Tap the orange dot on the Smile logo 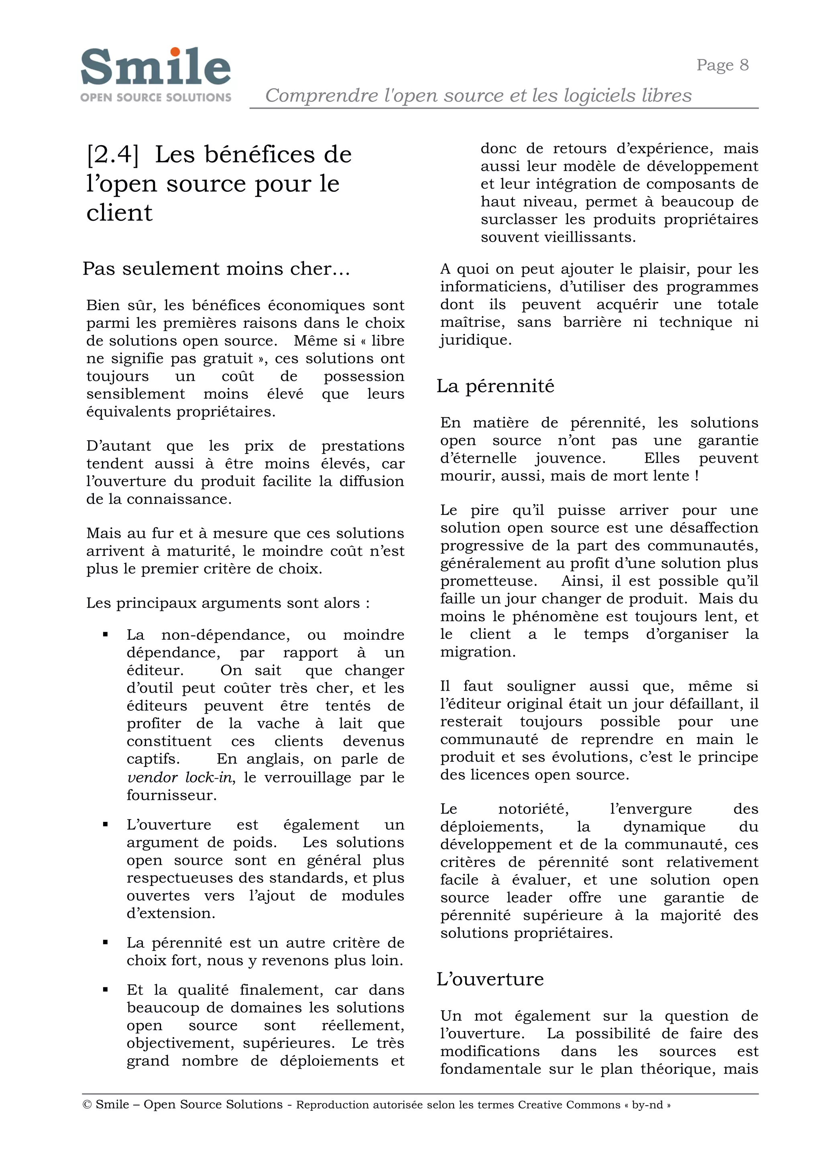tap(175, 52)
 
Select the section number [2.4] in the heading tap(112, 155)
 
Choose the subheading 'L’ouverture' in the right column tap(490, 979)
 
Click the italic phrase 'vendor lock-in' tap(181, 777)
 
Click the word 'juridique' tap(475, 340)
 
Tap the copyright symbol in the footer tap(87, 1104)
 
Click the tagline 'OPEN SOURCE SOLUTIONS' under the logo tap(155, 97)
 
